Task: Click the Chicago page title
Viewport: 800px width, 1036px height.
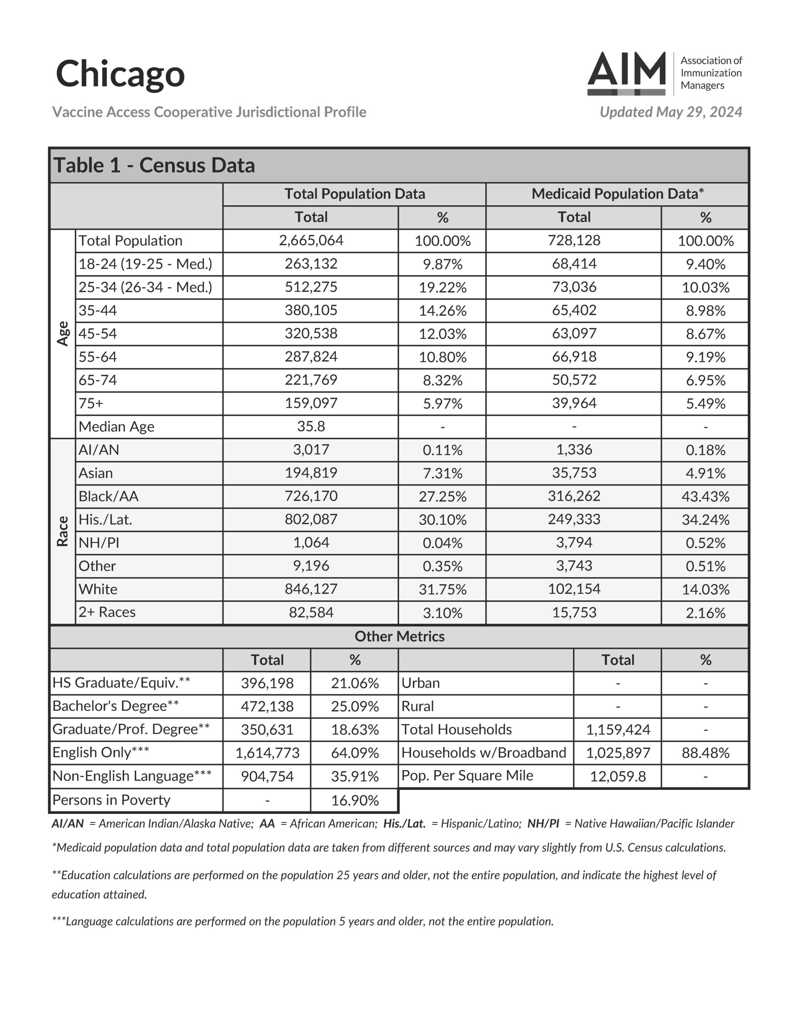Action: coord(120,74)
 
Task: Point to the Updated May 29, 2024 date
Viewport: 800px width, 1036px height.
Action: coord(671,112)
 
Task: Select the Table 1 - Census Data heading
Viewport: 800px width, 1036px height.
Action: coord(154,166)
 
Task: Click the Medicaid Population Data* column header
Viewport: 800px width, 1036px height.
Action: coord(617,194)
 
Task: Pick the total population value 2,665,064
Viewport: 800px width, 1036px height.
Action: coord(311,240)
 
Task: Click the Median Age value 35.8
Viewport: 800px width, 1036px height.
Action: coord(311,427)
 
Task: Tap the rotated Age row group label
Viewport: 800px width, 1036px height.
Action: coord(63,333)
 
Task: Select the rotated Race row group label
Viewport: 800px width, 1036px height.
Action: coord(63,531)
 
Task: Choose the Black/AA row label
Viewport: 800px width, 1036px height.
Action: coord(109,496)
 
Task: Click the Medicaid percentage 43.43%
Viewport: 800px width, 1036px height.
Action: coord(705,497)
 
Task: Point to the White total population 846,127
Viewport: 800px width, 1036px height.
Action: coord(311,589)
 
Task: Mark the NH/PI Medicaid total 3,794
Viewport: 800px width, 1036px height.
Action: coord(574,543)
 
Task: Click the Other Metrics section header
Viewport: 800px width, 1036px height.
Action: coord(399,637)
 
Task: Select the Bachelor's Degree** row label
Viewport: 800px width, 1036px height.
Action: coord(115,706)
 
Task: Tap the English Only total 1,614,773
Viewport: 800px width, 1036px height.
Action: coord(267,753)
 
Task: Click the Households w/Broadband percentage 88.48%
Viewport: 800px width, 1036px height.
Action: coord(705,753)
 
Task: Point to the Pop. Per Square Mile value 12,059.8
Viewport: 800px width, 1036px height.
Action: coord(618,777)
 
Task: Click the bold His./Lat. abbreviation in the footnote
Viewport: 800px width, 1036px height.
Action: coord(404,824)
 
